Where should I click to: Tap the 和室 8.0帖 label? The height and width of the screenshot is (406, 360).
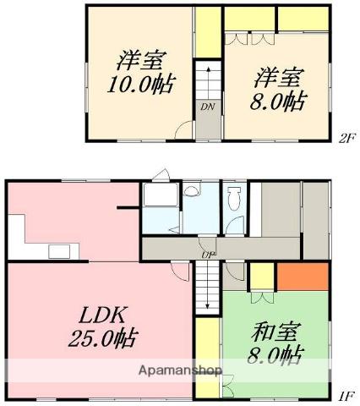(x=275, y=343)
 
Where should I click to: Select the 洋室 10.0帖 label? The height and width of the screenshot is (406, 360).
(x=141, y=72)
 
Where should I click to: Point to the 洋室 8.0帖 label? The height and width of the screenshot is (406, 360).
(x=278, y=88)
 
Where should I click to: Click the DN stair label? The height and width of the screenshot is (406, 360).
(x=208, y=107)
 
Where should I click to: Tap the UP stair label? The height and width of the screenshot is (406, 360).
(x=208, y=255)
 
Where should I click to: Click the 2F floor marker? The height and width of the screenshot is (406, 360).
(x=346, y=139)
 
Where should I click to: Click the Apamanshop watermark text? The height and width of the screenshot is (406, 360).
(x=180, y=370)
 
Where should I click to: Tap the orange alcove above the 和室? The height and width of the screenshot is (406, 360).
(x=303, y=277)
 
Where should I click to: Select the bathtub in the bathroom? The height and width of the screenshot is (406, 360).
(x=161, y=195)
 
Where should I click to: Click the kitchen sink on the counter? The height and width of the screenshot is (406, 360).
(x=59, y=252)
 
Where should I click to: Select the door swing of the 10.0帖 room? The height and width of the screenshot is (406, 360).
(x=183, y=129)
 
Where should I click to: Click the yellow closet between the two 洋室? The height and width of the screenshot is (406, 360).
(x=208, y=32)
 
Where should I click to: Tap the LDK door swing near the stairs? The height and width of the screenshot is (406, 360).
(x=180, y=272)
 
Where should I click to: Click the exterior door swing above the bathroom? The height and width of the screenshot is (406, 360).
(x=161, y=175)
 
